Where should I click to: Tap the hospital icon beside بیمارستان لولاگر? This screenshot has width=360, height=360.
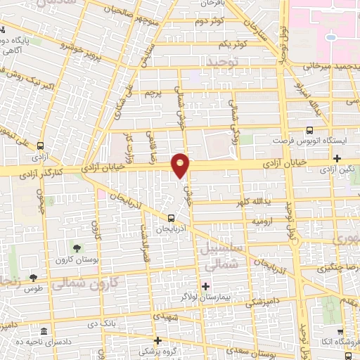pos(205,286)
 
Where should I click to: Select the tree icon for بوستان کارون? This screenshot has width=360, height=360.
pos(76,249)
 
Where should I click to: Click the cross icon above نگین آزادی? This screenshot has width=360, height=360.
pos(337,157)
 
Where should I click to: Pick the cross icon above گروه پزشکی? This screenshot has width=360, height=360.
pos(159,340)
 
